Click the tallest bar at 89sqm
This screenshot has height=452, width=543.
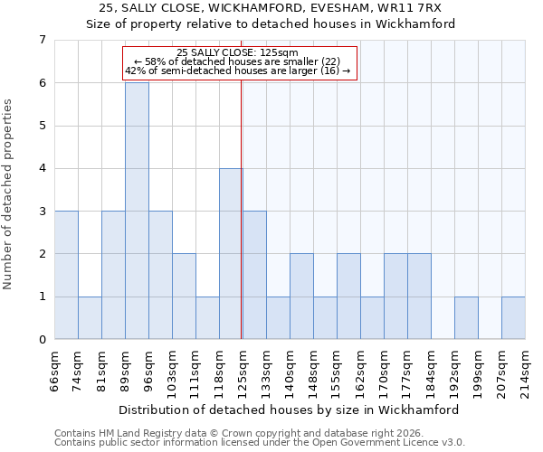(x=137, y=211)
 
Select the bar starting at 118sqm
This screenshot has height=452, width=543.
(x=231, y=253)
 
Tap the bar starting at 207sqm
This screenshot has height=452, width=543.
(x=513, y=317)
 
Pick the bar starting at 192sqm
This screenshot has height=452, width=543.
(x=466, y=317)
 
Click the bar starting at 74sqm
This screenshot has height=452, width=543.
(x=90, y=317)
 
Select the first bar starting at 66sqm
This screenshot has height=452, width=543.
(x=66, y=275)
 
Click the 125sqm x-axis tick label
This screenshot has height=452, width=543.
(x=242, y=371)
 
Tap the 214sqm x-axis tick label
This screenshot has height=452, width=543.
(x=525, y=371)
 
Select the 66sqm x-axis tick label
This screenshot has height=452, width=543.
(x=54, y=371)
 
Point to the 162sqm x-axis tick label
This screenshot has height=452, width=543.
(x=360, y=371)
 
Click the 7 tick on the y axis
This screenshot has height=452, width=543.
(x=42, y=40)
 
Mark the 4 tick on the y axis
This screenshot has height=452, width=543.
(x=42, y=168)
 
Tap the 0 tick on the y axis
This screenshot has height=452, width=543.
(x=42, y=339)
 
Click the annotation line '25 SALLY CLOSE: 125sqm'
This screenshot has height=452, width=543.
(x=239, y=52)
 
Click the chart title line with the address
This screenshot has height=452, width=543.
(x=271, y=8)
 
